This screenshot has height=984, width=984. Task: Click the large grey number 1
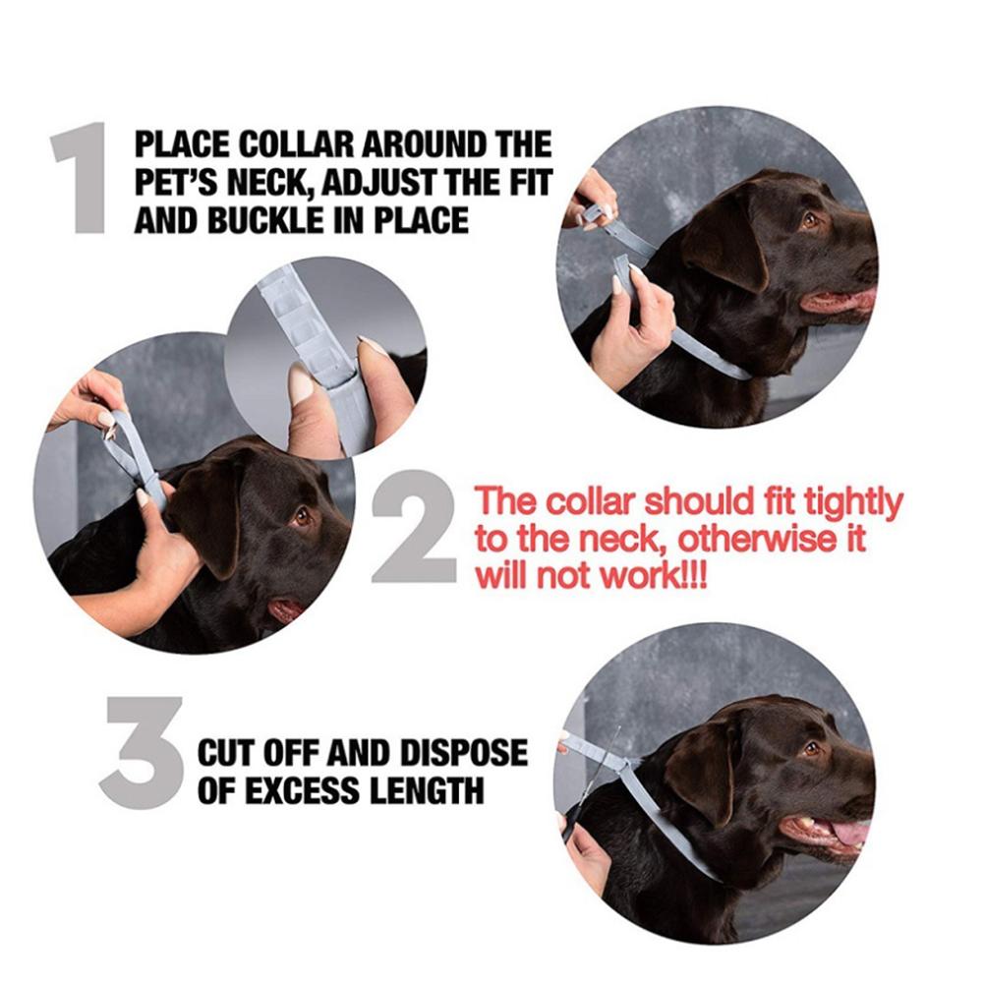coord(82,178)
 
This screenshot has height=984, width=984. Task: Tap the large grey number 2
coord(415,527)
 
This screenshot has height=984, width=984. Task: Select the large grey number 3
coord(142,752)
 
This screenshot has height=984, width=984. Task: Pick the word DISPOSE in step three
coord(463,752)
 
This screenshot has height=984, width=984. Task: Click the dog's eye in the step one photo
coord(810,220)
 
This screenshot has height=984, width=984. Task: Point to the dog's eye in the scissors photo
coord(811,748)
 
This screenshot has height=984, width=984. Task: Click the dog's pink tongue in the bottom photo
coord(849,833)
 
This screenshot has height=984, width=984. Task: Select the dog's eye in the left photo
coord(303,517)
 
